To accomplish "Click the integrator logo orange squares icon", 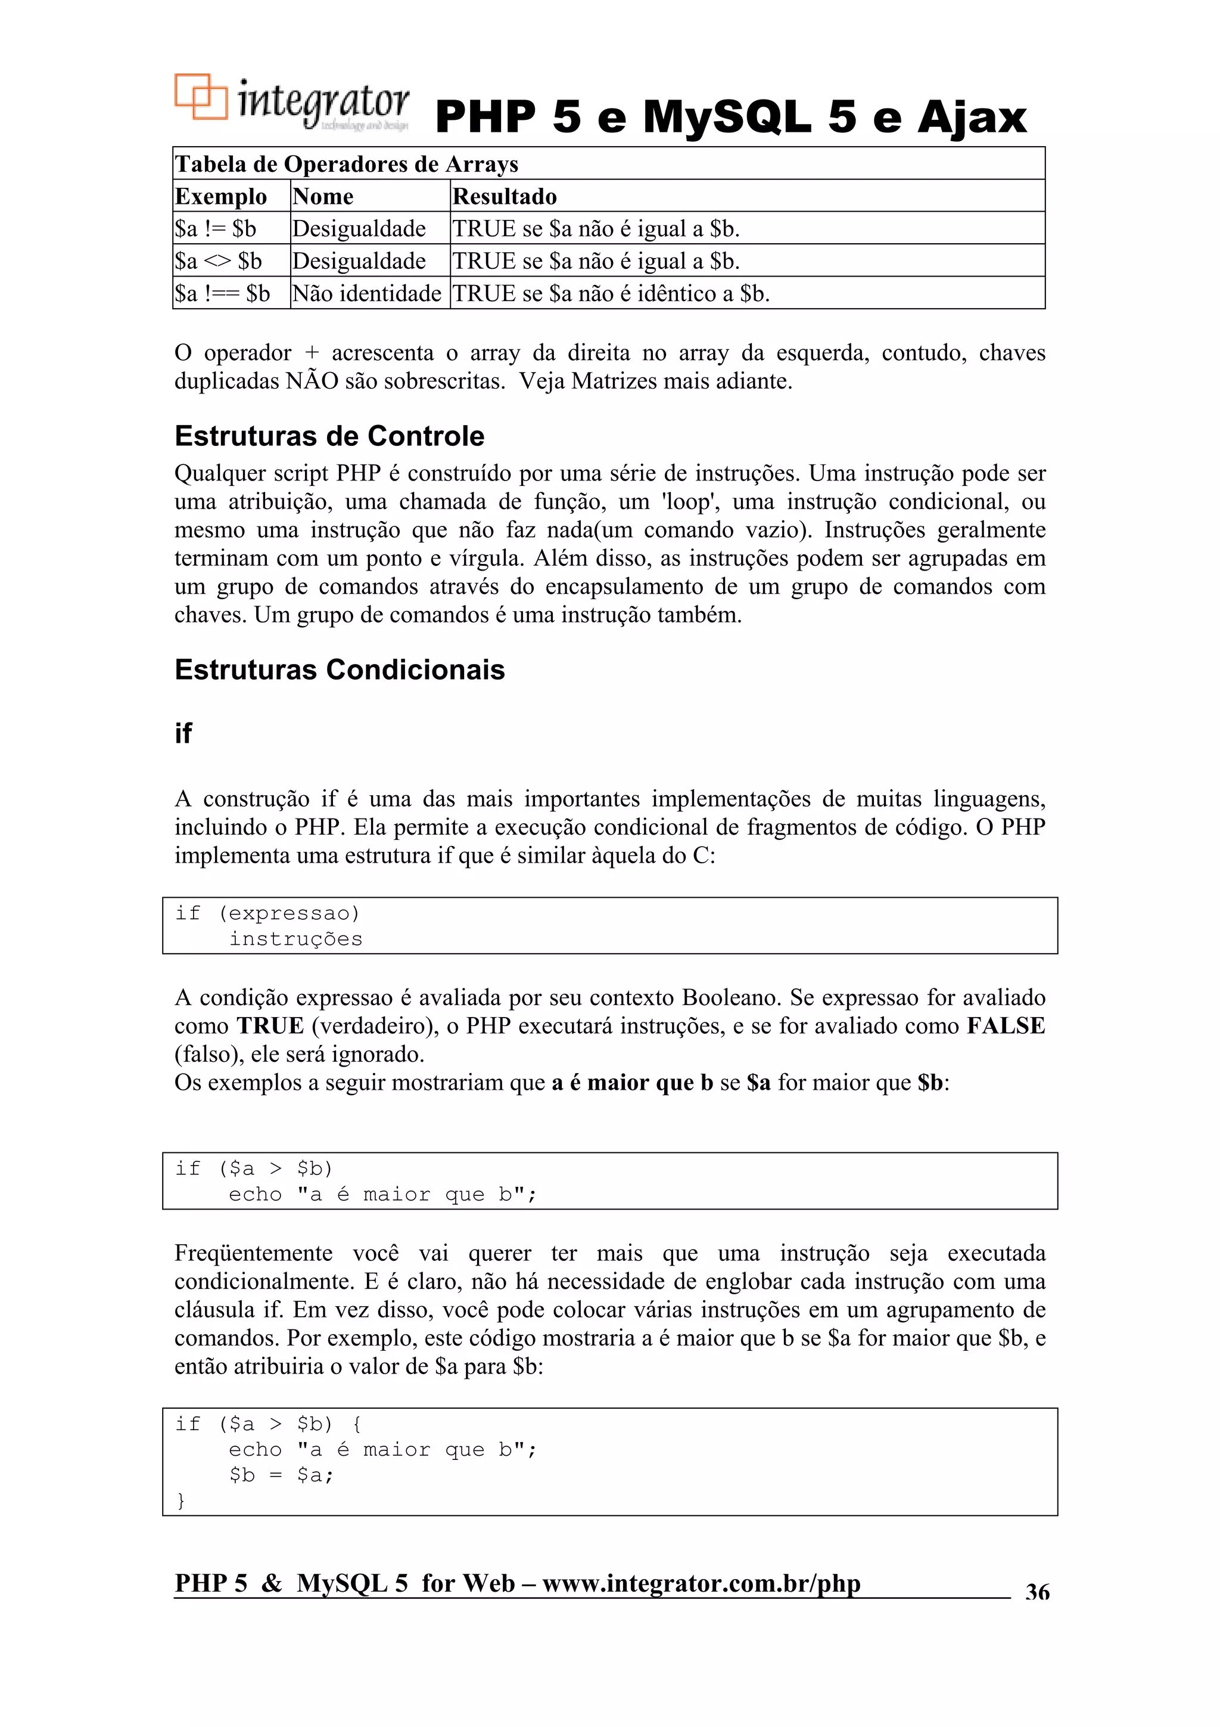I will [201, 97].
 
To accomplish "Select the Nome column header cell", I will [323, 196].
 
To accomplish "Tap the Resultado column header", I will [505, 196].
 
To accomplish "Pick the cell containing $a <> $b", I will [218, 261].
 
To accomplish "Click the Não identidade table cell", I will [366, 293].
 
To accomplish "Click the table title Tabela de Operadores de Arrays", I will [347, 164].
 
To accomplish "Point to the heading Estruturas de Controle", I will [329, 436].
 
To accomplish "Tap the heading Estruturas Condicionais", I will [339, 669].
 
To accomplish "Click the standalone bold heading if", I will [183, 733].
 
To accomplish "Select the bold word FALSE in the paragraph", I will [1005, 1026].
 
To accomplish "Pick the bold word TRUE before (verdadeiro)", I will [270, 1026].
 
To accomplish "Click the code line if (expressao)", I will [267, 913].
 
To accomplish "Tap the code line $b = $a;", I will [281, 1475].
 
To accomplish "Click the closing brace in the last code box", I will [180, 1501].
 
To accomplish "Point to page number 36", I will [1037, 1592].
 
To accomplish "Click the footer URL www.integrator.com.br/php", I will [701, 1583].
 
